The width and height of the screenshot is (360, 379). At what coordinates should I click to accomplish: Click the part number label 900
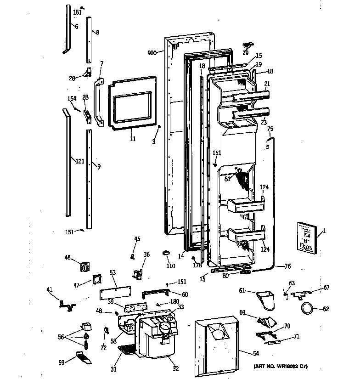click(x=152, y=53)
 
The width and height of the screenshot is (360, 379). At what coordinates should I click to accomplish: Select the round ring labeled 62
click(x=307, y=308)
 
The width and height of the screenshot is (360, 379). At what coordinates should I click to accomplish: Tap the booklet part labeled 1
click(x=305, y=237)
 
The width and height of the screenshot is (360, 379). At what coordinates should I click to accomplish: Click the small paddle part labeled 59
click(x=82, y=356)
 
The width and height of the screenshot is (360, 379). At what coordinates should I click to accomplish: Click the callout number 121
click(x=80, y=161)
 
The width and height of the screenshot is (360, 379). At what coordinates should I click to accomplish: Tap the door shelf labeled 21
click(x=251, y=97)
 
